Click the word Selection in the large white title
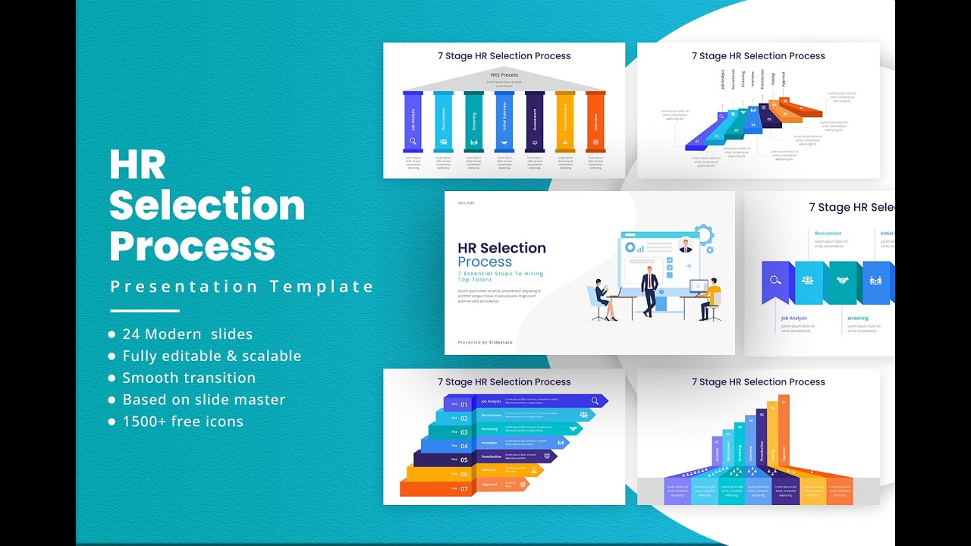(x=207, y=206)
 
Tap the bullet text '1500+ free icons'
(x=183, y=422)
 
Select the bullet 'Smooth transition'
(x=189, y=378)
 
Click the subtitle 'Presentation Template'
(x=242, y=287)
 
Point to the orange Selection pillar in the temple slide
(x=595, y=121)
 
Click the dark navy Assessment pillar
(x=535, y=121)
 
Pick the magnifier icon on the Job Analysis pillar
(x=413, y=141)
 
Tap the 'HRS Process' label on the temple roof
(x=504, y=75)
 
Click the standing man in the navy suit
(x=649, y=290)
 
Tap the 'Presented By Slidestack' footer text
(x=485, y=343)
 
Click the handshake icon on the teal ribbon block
(x=842, y=281)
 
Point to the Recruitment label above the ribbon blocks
(x=828, y=234)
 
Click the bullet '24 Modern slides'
(x=187, y=334)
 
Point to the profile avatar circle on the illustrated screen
(x=686, y=245)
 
